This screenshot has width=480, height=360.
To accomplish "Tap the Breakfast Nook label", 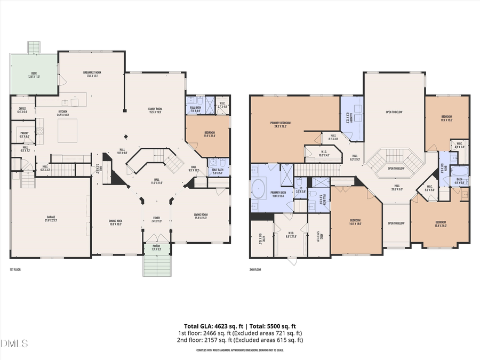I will (x=92, y=74).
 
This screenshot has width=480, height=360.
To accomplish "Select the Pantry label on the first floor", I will (x=25, y=135).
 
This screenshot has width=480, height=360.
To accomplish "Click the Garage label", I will (x=51, y=219).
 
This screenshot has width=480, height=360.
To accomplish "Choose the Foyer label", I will (x=156, y=219).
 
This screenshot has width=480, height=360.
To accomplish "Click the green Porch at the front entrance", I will (x=156, y=249).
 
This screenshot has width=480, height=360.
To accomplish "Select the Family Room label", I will (x=155, y=110).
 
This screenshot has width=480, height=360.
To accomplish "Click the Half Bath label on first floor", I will (x=218, y=171).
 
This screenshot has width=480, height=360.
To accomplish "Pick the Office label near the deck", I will (x=22, y=110).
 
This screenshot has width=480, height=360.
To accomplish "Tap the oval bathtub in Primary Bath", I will (x=259, y=189).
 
